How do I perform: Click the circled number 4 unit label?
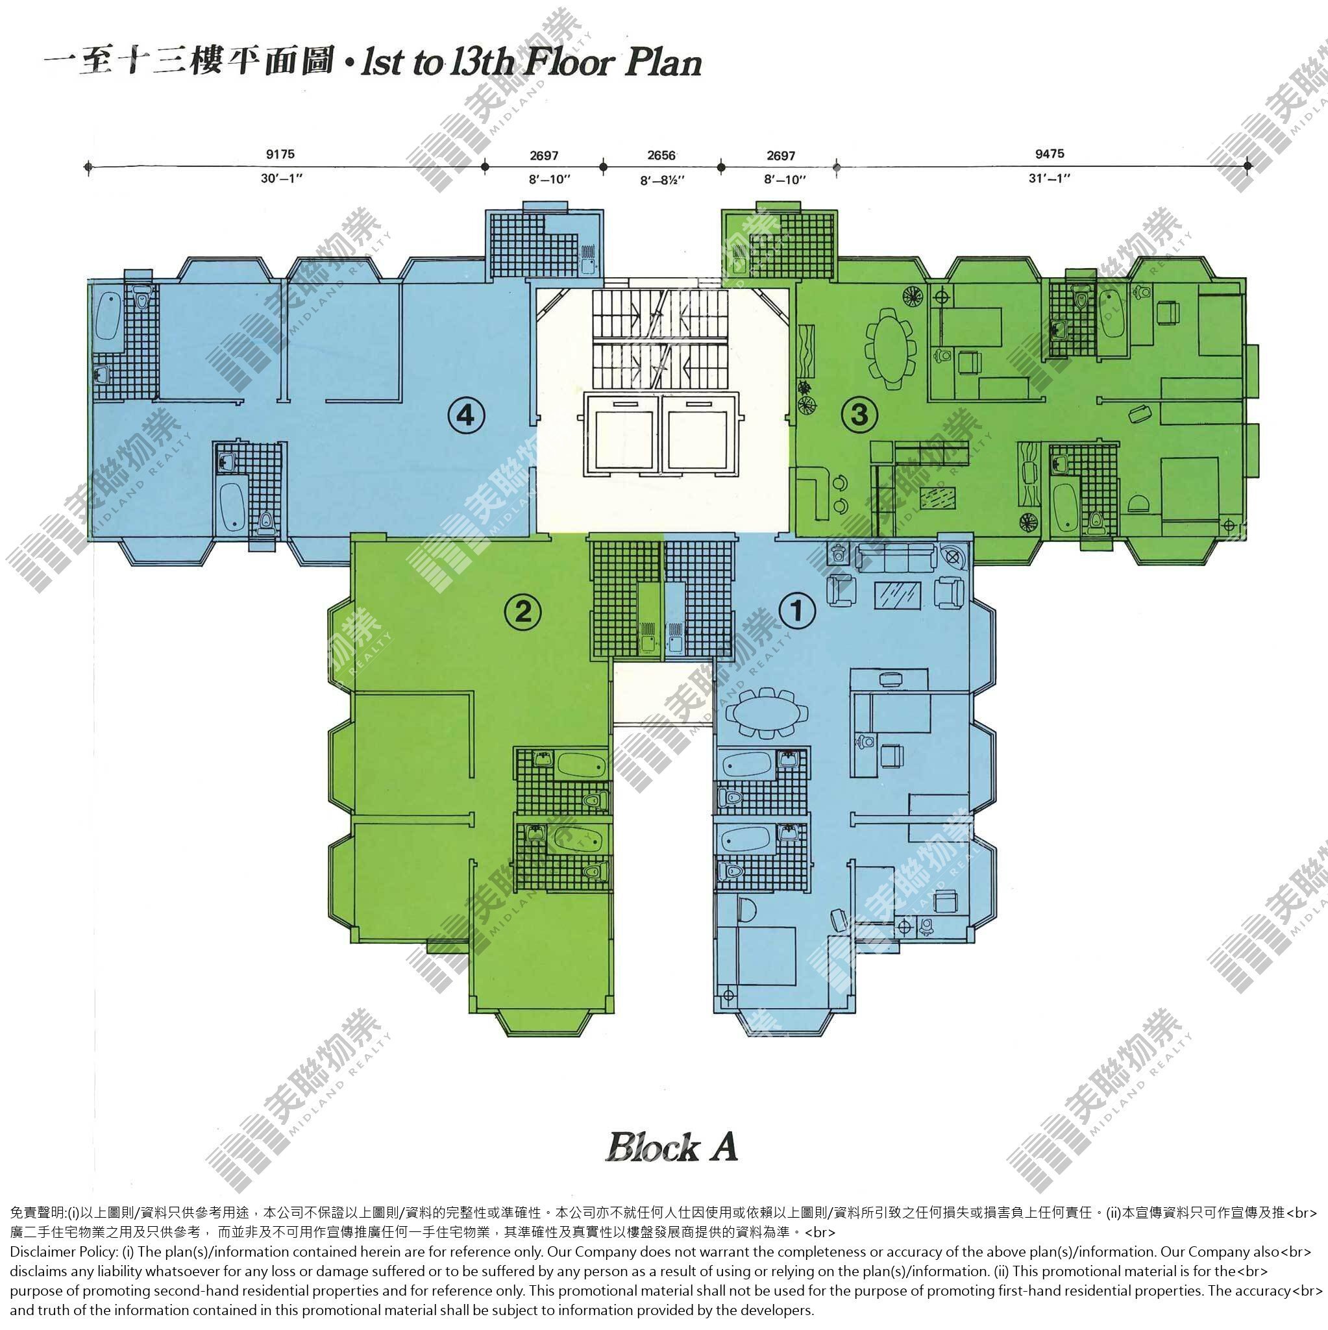tap(467, 415)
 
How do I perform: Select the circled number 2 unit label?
tap(523, 610)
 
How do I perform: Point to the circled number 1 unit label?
tap(797, 610)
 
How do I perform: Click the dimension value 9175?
tap(280, 154)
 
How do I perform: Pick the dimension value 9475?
tap(1049, 154)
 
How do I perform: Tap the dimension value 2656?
tap(661, 155)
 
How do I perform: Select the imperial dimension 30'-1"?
tap(282, 179)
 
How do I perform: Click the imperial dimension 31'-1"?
tap(1050, 179)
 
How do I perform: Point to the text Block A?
tap(672, 1148)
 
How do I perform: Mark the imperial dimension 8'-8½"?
tap(662, 180)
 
